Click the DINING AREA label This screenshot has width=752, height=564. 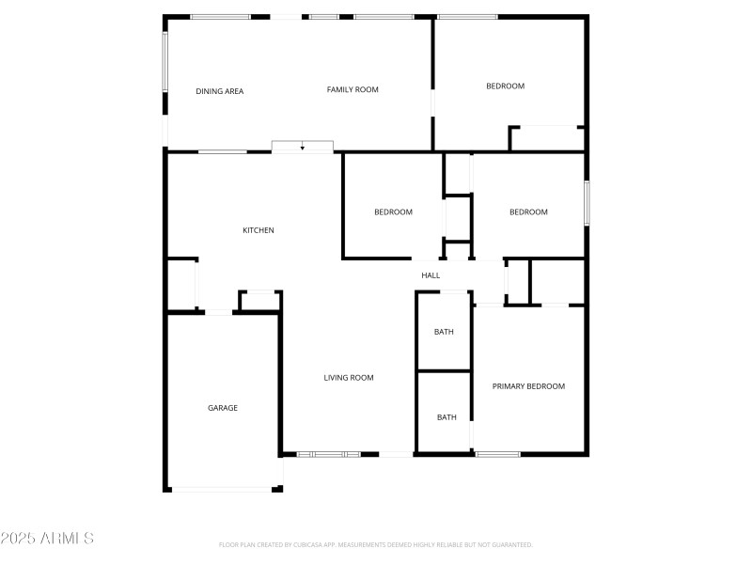pos(219,91)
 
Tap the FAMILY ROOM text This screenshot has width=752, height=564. pos(352,89)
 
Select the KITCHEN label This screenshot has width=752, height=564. pos(258,230)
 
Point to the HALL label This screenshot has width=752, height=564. pos(431,275)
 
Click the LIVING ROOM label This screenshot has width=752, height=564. pos(349,378)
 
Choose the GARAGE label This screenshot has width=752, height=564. pos(223,408)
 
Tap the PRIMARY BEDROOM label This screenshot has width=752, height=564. pos(528,386)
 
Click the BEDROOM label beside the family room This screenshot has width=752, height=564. pos(505,86)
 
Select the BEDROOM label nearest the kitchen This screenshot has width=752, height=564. pos(393,212)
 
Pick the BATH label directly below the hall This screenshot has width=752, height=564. pos(444,332)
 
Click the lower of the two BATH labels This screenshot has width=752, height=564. pos(446,417)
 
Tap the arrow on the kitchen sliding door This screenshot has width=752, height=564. pos(302,148)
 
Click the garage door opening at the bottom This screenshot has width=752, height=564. pos(222,489)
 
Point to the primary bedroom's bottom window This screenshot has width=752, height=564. pos(497,455)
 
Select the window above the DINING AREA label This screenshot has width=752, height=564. pos(220,17)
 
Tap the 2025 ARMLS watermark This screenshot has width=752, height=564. pos(47,539)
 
